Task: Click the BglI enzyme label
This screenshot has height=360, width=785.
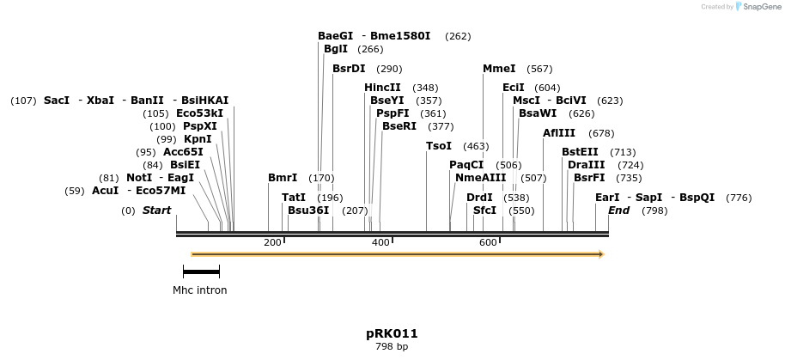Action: click(336, 50)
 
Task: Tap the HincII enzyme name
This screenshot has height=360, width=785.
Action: click(382, 88)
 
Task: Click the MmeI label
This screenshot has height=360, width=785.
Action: click(499, 69)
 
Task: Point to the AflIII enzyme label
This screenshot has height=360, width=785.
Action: click(559, 133)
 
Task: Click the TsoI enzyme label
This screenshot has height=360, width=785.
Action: click(438, 146)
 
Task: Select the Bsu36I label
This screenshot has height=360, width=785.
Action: click(308, 211)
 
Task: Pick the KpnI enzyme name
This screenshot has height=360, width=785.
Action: click(198, 139)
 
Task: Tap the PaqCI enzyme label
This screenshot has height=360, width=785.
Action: click(466, 165)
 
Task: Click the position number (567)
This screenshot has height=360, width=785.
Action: click(539, 70)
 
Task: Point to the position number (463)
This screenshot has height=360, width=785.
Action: click(476, 147)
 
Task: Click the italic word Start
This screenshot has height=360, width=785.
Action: click(156, 211)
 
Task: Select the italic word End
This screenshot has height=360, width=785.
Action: click(618, 211)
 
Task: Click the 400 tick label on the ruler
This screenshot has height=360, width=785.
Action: click(380, 243)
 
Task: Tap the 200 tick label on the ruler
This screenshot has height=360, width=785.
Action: click(272, 243)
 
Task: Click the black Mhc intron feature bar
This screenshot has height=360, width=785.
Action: click(201, 272)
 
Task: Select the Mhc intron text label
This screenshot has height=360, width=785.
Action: click(200, 290)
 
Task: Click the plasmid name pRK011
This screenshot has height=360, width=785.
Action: click(392, 333)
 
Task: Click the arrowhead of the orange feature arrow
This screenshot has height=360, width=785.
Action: click(600, 254)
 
